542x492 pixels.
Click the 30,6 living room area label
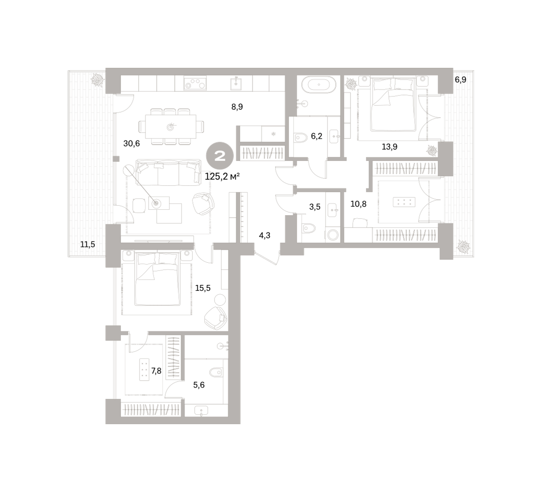click(131, 143)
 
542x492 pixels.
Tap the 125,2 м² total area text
click(222, 177)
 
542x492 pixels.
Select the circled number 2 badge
click(220, 156)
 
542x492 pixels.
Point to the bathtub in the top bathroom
click(319, 85)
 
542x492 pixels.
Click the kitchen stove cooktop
click(195, 83)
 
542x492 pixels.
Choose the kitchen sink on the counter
click(236, 83)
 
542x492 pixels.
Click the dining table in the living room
click(170, 127)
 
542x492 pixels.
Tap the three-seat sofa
click(168, 172)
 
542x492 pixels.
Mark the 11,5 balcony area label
click(88, 244)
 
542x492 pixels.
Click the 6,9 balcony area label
click(460, 80)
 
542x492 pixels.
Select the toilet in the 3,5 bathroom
click(308, 229)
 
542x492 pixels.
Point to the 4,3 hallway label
click(265, 236)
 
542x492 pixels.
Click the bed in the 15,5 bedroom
click(157, 279)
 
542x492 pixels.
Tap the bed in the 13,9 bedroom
click(393, 104)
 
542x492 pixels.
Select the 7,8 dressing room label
click(156, 371)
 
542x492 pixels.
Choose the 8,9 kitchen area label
click(237, 107)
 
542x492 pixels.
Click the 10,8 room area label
click(358, 204)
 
